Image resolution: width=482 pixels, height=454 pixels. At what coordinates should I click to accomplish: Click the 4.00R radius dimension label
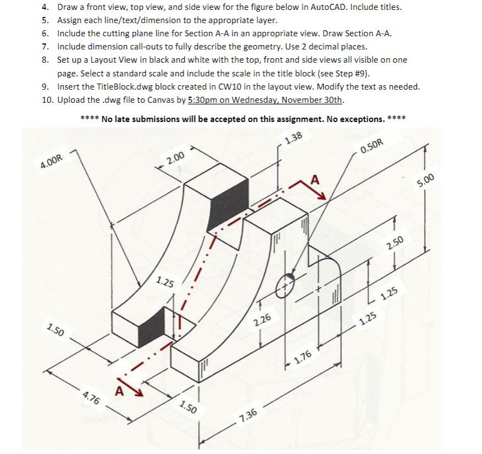coord(53,163)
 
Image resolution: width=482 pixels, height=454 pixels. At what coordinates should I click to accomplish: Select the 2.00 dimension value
coord(175,158)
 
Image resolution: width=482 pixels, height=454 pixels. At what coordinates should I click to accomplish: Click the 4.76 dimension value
coord(91,397)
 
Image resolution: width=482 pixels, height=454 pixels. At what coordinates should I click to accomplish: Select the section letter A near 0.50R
coord(314,180)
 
